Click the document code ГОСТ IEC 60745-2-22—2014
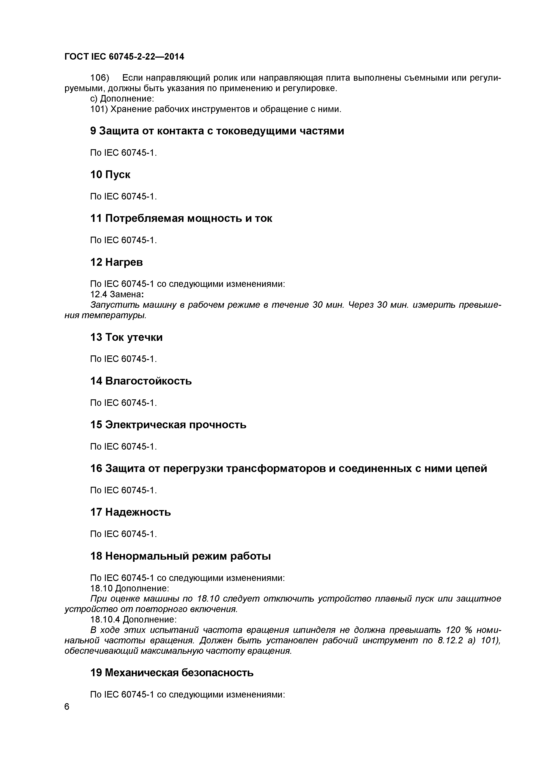pyautogui.click(x=124, y=57)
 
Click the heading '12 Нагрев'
pyautogui.click(x=117, y=262)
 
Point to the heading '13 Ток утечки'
pyautogui.click(x=126, y=337)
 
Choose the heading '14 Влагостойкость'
pyautogui.click(x=141, y=381)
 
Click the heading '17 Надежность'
pyautogui.click(x=130, y=512)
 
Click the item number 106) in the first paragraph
pyautogui.click(x=100, y=78)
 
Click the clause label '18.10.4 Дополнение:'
pyautogui.click(x=133, y=626)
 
